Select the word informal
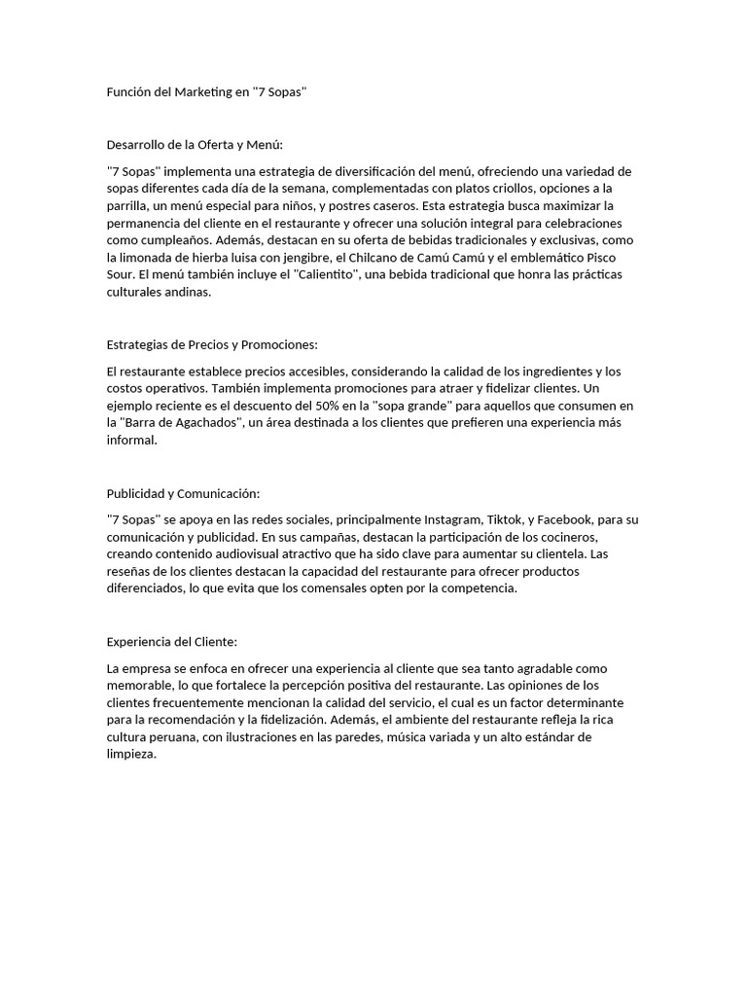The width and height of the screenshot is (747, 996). [x=130, y=440]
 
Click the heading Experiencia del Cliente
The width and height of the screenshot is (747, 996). [x=171, y=642]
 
